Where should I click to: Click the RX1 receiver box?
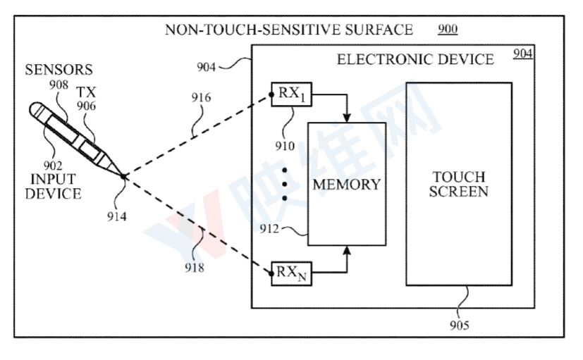(x=291, y=94)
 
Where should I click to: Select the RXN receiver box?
(x=291, y=273)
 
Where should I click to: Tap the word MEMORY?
(x=346, y=185)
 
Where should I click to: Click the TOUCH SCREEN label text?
(x=458, y=184)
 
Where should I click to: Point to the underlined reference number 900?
(x=447, y=30)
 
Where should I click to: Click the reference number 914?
(x=117, y=217)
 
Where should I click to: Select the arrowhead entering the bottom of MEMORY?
(x=347, y=249)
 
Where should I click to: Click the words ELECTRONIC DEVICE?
(x=415, y=59)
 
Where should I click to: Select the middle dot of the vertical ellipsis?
(x=283, y=185)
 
